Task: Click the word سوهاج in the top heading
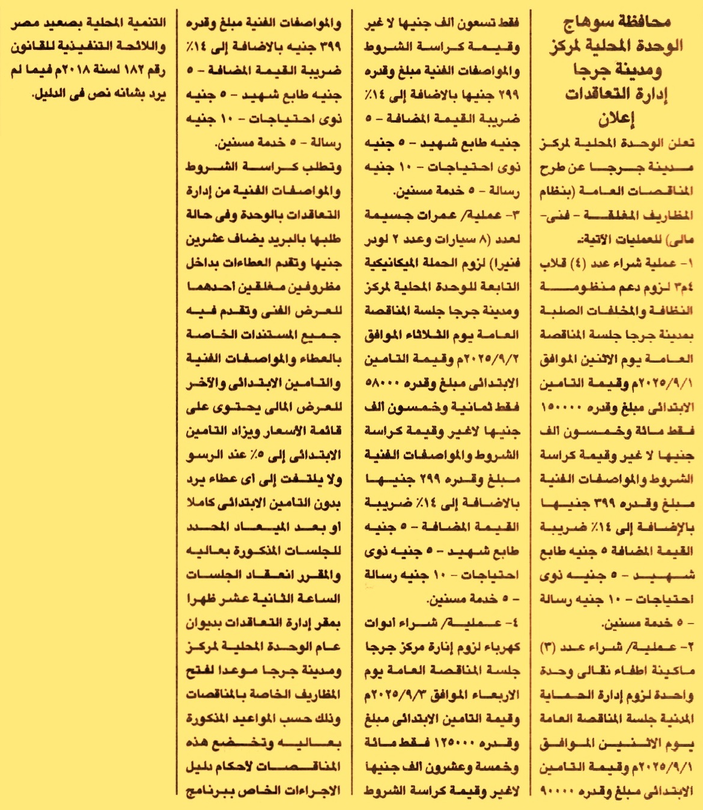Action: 588,23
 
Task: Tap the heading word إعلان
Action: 616,118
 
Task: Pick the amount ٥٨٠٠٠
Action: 383,383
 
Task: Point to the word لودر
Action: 379,239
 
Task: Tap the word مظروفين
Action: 314,287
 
